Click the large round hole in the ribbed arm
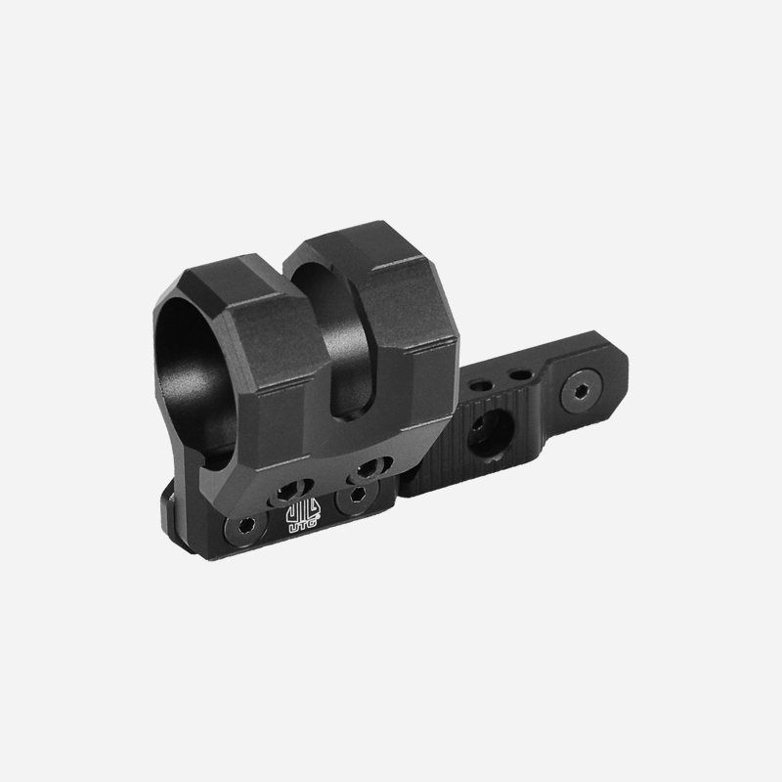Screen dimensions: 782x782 [491, 433]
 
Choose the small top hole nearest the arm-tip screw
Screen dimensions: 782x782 [520, 374]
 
